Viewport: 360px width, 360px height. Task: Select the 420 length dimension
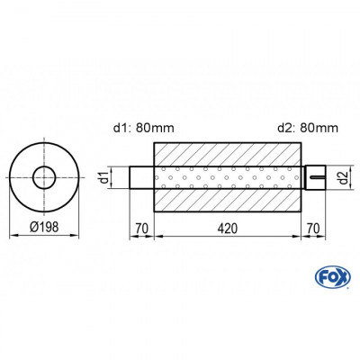tap(228, 228)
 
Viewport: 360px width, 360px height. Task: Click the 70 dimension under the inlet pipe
tap(140, 228)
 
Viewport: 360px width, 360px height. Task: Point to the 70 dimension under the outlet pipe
tap(311, 228)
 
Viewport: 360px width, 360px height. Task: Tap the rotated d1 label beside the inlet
tap(103, 176)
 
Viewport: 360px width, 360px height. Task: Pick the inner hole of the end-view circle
tap(42, 177)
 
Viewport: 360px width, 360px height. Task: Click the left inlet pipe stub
tap(140, 177)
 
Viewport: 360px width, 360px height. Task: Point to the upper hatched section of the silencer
tap(228, 154)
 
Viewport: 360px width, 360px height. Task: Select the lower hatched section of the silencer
tap(228, 200)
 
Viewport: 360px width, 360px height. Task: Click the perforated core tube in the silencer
tap(228, 177)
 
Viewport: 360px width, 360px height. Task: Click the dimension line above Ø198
tap(42, 236)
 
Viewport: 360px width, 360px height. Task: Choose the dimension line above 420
tap(228, 237)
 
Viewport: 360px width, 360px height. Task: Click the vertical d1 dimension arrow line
tap(115, 177)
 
